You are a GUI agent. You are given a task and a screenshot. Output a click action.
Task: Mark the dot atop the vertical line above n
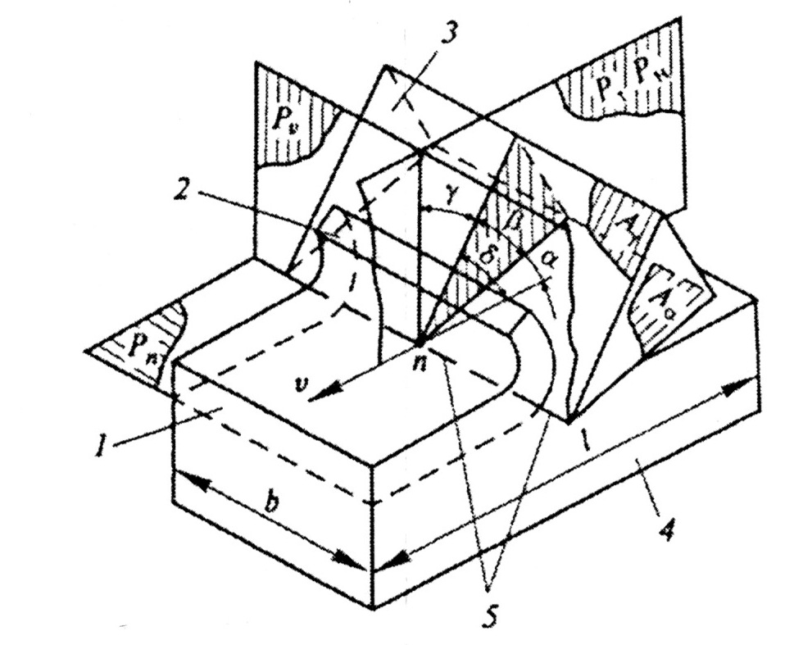click(420, 152)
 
